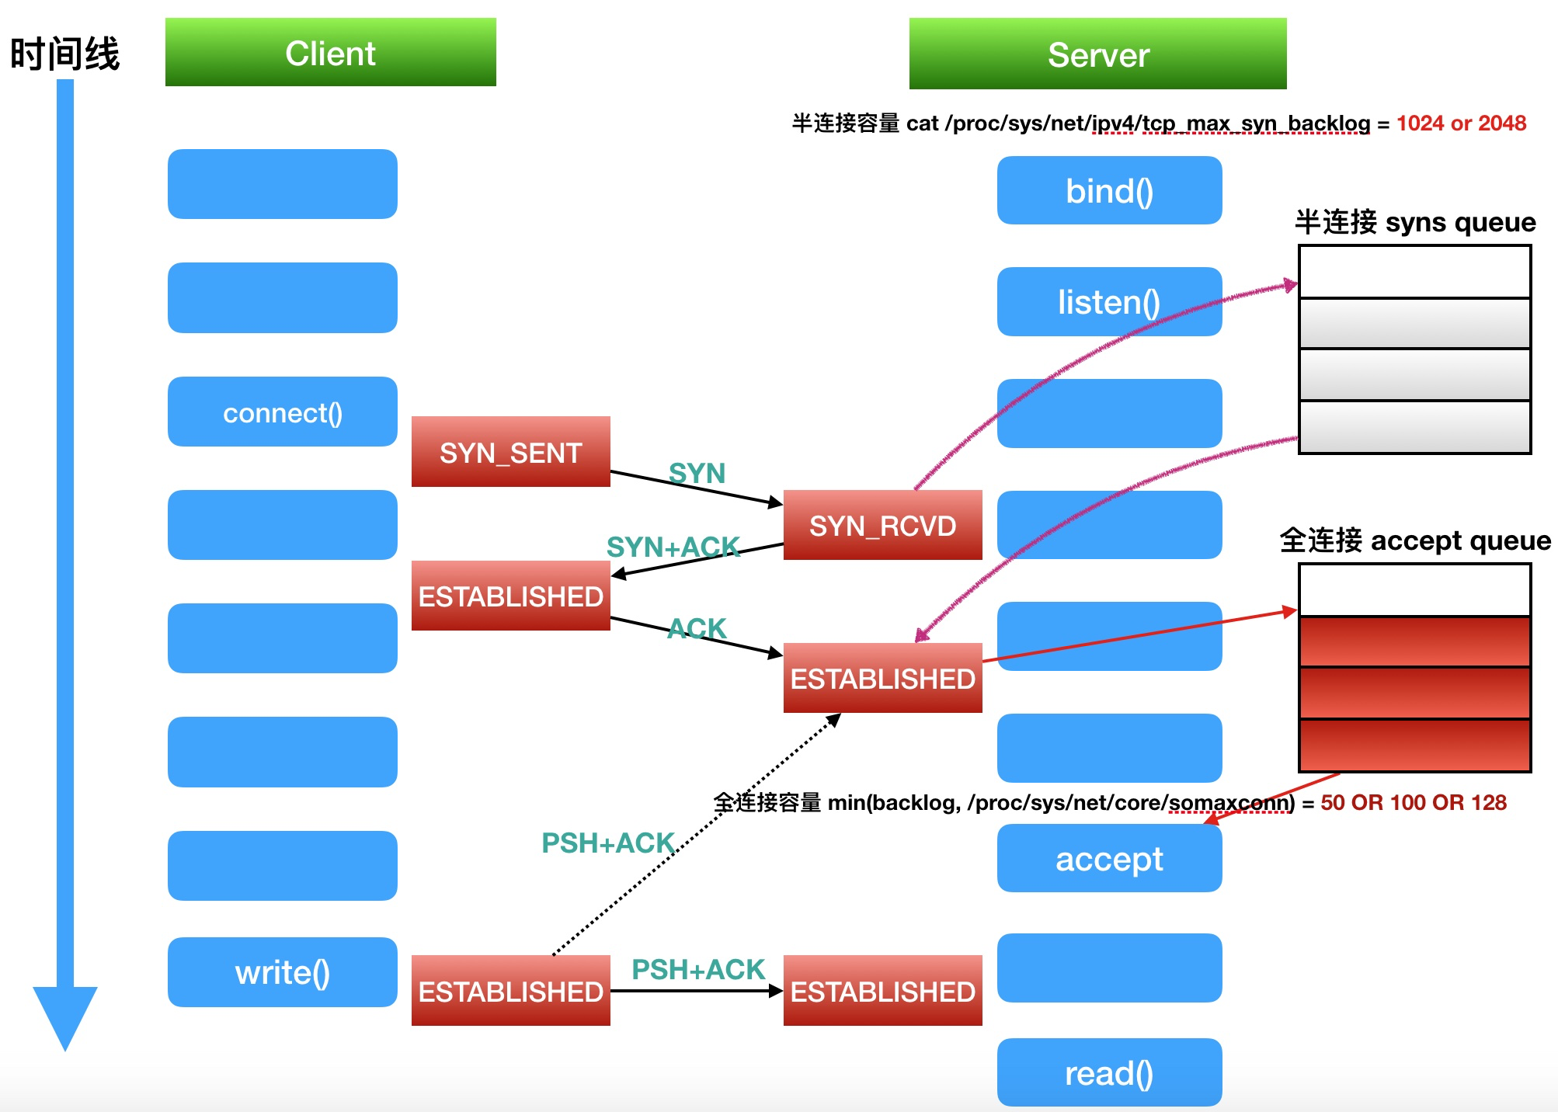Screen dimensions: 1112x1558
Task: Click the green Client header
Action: (330, 53)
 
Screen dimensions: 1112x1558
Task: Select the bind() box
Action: (1108, 191)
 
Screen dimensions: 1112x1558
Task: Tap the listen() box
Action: (1108, 302)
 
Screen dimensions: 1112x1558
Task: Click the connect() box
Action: (282, 412)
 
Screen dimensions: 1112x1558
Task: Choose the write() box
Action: (282, 972)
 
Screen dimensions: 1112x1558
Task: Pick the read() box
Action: (1108, 1073)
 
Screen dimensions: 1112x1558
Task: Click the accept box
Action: (1108, 859)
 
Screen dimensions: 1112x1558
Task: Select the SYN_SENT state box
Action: (510, 452)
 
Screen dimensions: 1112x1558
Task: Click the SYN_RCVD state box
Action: (882, 526)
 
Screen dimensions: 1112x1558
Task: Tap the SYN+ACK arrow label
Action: (673, 547)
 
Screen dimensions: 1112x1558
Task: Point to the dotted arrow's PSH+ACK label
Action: (607, 843)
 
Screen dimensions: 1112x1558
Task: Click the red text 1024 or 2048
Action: (1460, 123)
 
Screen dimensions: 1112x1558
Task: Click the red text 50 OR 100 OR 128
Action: (1413, 802)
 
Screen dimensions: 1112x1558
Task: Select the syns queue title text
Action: (1414, 222)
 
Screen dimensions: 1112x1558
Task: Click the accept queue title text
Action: (1414, 540)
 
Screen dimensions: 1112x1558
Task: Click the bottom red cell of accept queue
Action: (1414, 745)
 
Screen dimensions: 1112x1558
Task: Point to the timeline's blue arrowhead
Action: (65, 1013)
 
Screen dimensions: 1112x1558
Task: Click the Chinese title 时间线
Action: (64, 54)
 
